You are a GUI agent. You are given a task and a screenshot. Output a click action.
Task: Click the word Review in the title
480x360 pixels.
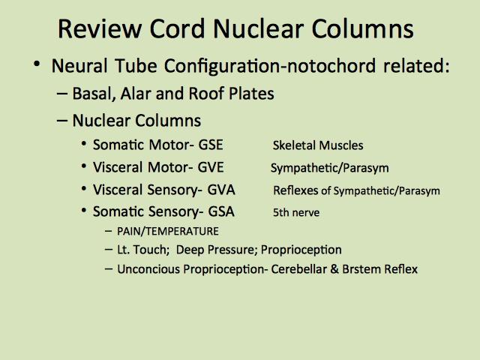tap(100, 28)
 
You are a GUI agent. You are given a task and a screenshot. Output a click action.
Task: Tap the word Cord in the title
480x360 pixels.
tap(177, 28)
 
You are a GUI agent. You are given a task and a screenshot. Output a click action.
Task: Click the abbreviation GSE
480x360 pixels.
tap(211, 145)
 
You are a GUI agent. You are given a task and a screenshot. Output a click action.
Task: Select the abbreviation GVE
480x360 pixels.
tap(211, 167)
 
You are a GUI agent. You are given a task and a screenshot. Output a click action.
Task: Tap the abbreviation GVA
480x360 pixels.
tap(221, 190)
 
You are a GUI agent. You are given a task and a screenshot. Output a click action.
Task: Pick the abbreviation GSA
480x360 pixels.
tap(221, 211)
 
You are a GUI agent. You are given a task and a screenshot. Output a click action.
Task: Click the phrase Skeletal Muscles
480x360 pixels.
tap(318, 145)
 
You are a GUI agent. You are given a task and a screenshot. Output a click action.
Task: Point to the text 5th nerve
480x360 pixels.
tap(296, 212)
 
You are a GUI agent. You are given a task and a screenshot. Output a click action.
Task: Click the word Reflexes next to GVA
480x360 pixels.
tap(295, 190)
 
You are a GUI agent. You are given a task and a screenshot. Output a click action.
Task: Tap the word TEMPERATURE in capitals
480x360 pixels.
tap(181, 231)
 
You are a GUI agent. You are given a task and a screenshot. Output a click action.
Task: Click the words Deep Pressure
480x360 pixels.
tap(217, 250)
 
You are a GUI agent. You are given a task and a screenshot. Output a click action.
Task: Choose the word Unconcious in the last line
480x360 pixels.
tap(148, 269)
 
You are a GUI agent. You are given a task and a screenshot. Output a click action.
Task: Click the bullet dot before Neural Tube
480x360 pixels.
tap(37, 64)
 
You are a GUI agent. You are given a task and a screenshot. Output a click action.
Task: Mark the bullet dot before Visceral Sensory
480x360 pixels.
tap(84, 188)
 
